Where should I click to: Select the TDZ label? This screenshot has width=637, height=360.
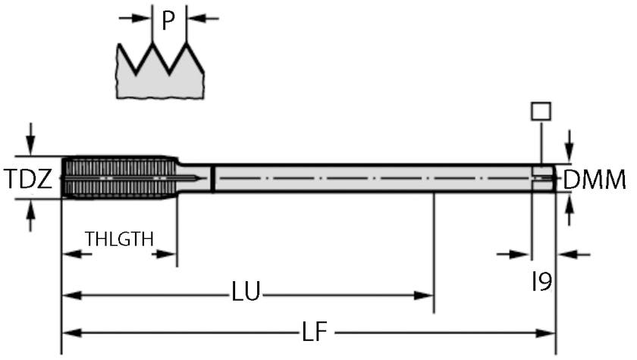(28, 180)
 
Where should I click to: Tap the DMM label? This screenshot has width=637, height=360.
(595, 180)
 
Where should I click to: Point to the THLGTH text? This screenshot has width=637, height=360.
(119, 239)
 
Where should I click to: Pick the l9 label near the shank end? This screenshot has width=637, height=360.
(541, 282)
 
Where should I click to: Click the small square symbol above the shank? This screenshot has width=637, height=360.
(541, 111)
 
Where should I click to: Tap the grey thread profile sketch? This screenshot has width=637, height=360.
(160, 76)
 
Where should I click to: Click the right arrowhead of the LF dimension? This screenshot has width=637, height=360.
(548, 333)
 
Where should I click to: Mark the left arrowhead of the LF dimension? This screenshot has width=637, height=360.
(71, 333)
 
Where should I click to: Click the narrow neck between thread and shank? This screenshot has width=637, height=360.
(196, 177)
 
